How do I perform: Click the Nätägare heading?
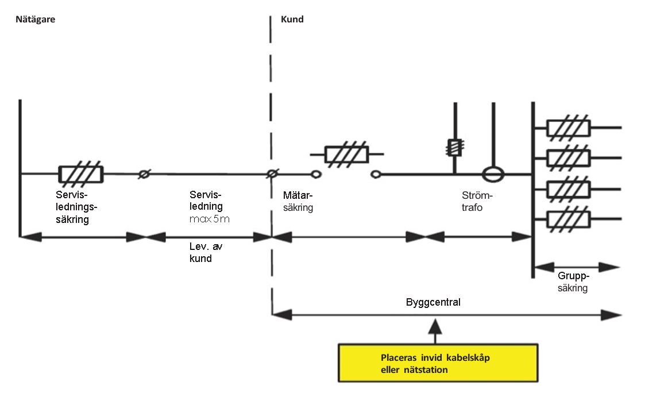coord(35,20)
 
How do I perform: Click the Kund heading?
coord(292,20)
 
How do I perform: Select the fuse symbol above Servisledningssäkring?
coord(81,174)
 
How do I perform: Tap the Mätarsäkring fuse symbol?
coord(347,154)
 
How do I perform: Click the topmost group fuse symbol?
coord(568,128)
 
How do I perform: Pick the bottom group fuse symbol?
coord(568,219)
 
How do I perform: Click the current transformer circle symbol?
coord(491,174)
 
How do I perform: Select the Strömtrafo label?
coord(477,202)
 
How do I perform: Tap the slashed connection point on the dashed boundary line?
coord(272,174)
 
